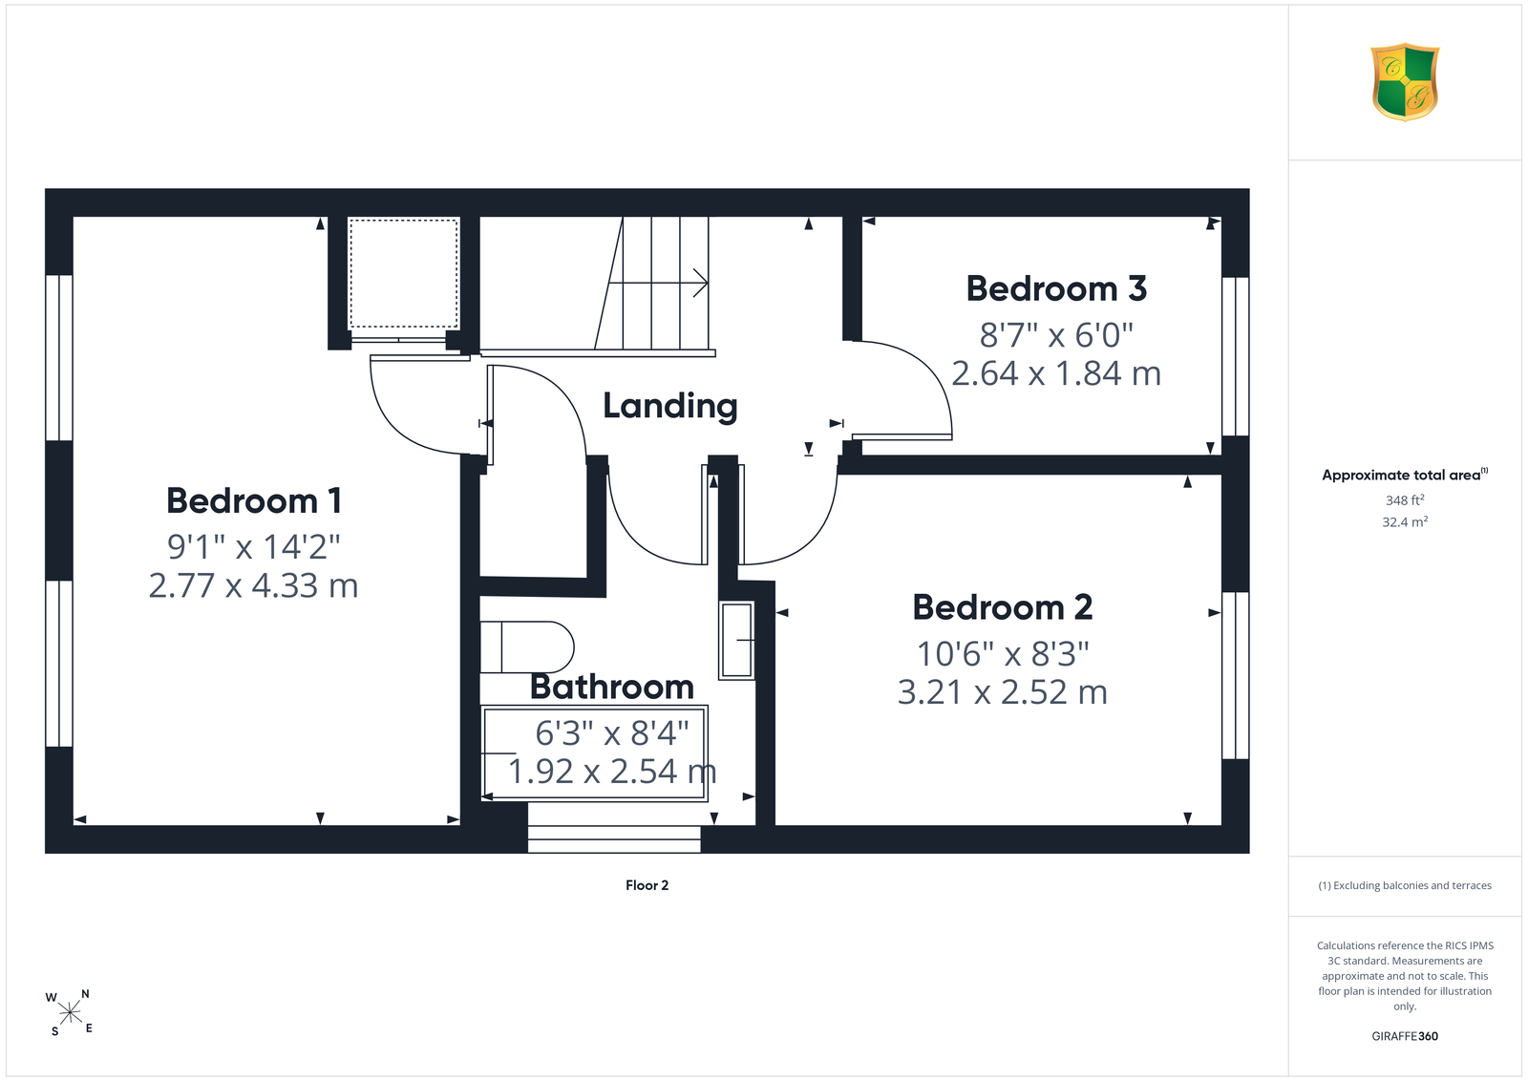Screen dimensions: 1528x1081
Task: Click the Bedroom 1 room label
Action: pos(254,501)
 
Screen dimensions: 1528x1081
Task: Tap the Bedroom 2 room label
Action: pos(1002,607)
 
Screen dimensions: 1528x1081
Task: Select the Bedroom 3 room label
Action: pos(1056,288)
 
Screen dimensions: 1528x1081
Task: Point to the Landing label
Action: pos(669,407)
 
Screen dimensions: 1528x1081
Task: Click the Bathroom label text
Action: pos(612,687)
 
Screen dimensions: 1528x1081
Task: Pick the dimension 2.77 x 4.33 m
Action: pos(253,585)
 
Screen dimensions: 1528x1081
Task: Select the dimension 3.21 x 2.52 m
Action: pos(1002,692)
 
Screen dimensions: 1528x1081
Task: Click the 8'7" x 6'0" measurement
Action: pos(1056,335)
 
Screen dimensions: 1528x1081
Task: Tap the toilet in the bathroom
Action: pos(526,646)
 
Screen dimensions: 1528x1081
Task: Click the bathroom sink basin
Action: pos(736,641)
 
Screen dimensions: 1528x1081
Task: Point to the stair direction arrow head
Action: pos(701,283)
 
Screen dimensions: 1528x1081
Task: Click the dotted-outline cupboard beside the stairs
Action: pos(404,273)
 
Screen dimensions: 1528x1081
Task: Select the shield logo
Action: pos(1405,82)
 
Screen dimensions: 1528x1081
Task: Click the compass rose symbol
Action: pos(70,1013)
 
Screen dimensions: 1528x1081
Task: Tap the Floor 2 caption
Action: pos(647,885)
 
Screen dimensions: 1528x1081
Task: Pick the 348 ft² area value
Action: pos(1405,500)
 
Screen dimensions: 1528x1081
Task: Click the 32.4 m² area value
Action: pos(1405,521)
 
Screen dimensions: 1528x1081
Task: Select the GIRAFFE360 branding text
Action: pos(1405,1036)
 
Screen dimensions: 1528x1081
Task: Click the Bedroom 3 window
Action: pos(1236,356)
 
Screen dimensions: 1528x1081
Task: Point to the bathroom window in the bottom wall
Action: pos(614,838)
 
